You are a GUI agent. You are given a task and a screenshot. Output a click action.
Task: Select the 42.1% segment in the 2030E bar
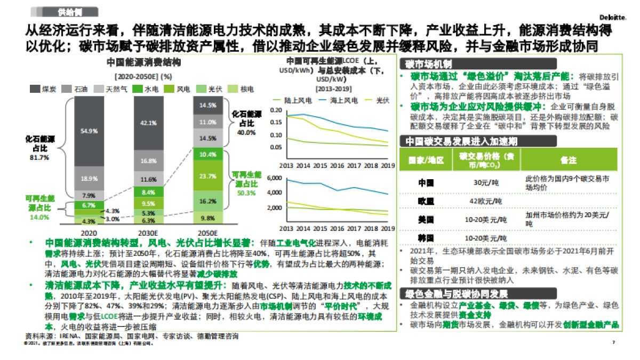[x=148, y=123]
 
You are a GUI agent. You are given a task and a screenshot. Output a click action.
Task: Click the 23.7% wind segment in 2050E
[x=208, y=175]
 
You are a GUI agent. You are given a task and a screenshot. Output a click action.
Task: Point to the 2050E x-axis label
[x=208, y=233]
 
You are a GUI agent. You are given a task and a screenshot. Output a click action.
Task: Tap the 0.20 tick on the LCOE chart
[x=275, y=110]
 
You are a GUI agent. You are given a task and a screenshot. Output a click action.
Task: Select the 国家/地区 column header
[x=426, y=160]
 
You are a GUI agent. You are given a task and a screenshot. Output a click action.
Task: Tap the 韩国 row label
[x=426, y=237]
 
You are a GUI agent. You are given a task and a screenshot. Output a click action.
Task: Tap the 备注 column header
[x=568, y=160]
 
